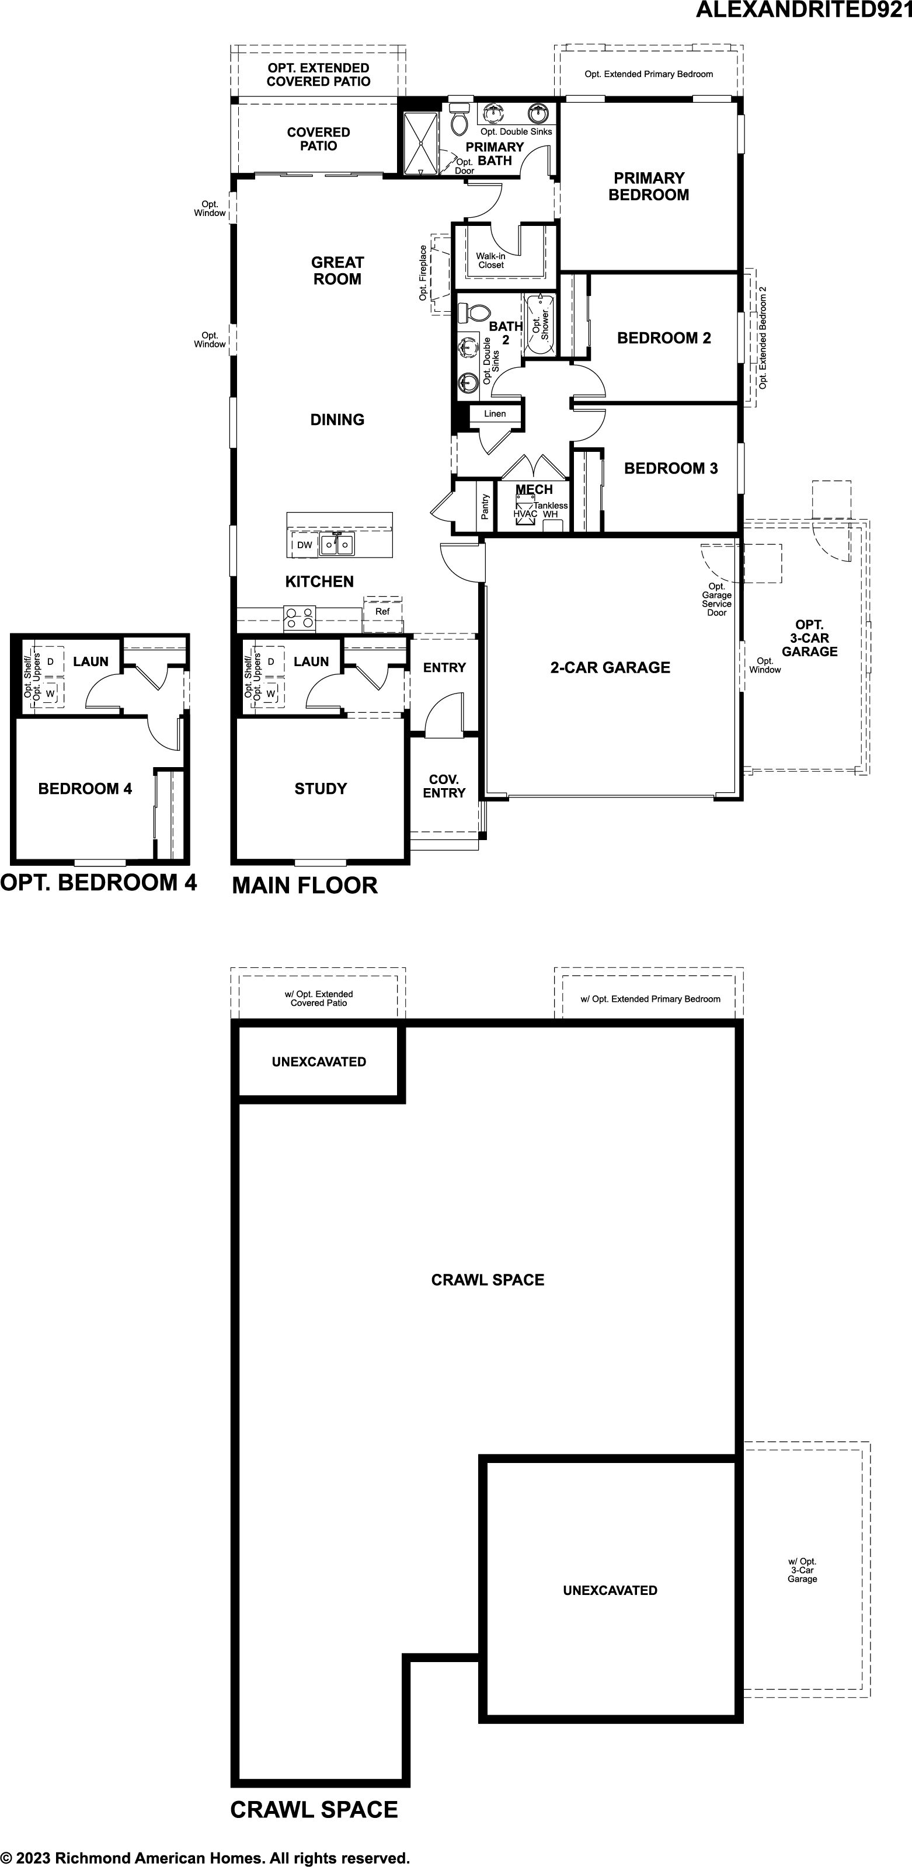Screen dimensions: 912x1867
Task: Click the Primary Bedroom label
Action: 648,186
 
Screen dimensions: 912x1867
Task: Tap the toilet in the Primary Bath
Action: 460,118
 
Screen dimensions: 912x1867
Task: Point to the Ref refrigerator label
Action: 382,611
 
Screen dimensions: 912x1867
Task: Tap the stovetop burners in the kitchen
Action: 300,616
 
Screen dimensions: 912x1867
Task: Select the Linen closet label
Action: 495,414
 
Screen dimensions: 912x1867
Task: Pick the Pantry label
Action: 485,507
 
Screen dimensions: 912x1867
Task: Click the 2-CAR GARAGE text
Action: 610,667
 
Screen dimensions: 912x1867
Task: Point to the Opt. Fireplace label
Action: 423,273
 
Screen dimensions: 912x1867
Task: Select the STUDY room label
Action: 321,789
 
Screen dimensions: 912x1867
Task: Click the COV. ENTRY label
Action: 444,786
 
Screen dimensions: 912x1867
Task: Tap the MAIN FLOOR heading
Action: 304,885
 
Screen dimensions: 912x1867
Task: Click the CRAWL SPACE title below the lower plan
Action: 314,1810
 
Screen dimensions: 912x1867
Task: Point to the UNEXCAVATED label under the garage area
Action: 610,1590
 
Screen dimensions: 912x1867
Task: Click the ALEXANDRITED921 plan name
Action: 803,9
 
